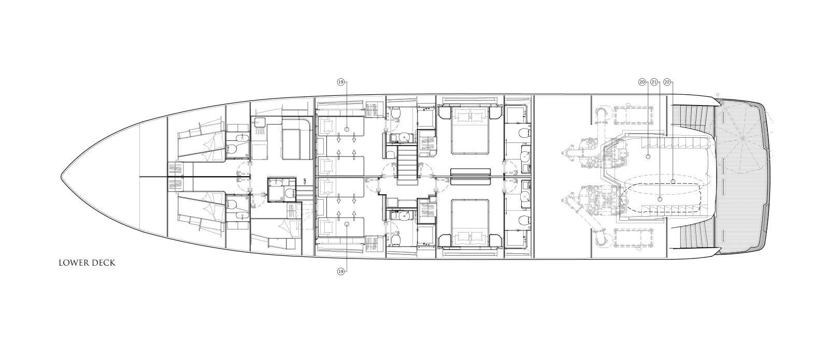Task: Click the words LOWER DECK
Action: coord(87,263)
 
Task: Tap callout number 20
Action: coord(642,82)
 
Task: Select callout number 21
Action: coord(654,82)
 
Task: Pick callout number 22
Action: coord(667,82)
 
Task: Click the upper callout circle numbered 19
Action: coord(341,82)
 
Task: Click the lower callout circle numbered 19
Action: coord(341,271)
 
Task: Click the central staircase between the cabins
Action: coord(407,165)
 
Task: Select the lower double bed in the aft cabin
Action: coord(470,223)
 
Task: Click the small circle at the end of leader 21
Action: coord(660,199)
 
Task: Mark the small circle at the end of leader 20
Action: coord(648,156)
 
